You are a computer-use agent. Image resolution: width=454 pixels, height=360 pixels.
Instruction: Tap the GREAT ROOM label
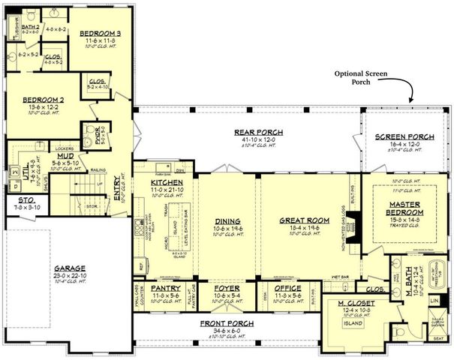coord(300,220)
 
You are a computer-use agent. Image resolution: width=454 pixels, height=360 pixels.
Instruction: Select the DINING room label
coord(227,220)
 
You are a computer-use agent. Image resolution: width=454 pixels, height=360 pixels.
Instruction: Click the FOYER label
coord(226,287)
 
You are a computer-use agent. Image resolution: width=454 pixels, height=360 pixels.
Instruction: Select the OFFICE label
coord(287,287)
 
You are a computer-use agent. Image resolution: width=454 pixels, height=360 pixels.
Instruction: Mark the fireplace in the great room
coord(357,223)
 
